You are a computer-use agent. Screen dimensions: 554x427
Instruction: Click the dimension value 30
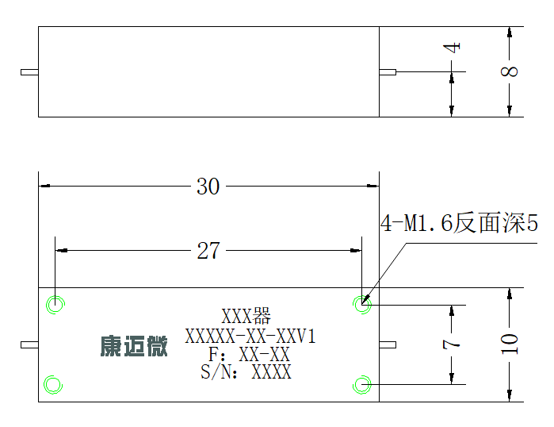click(208, 187)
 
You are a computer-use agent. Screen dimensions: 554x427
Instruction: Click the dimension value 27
click(208, 251)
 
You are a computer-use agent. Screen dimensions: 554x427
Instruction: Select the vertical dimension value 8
click(509, 71)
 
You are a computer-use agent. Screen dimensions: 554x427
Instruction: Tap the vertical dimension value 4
click(452, 47)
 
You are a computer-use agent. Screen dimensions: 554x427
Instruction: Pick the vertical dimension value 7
click(451, 344)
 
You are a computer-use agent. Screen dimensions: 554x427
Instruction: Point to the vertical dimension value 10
click(509, 344)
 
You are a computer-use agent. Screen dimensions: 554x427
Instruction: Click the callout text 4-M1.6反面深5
click(459, 223)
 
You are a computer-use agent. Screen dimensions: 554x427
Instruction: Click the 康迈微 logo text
click(134, 346)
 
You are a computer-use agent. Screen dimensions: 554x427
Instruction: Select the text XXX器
click(246, 316)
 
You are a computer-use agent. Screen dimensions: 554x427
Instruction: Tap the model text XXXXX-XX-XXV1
click(250, 336)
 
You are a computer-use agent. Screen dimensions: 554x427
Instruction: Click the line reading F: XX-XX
click(250, 354)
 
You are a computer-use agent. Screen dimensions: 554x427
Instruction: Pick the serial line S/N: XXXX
click(246, 372)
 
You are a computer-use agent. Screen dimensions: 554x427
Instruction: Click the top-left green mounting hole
click(55, 304)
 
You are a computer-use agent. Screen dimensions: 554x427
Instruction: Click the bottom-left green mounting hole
click(53, 385)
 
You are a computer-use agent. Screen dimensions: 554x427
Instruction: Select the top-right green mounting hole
click(361, 304)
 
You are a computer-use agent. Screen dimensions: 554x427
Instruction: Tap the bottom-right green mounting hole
click(361, 385)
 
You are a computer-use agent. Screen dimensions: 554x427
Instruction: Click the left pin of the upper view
click(29, 72)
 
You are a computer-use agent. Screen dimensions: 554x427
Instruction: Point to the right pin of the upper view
click(388, 72)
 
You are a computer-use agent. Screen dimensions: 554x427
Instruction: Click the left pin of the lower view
click(29, 344)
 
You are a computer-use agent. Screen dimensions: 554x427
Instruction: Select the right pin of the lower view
click(388, 344)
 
